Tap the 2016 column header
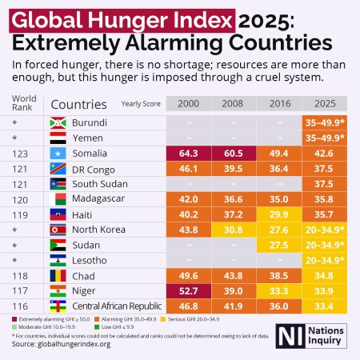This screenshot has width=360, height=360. [279, 104]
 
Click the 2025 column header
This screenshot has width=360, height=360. [326, 104]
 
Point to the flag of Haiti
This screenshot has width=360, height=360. [57, 214]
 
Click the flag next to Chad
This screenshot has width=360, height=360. [57, 275]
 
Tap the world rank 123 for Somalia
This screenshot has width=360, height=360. [22, 153]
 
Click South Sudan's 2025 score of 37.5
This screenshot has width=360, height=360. [326, 183]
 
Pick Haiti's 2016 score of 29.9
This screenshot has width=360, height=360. [279, 214]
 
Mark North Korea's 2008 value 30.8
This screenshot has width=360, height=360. [234, 230]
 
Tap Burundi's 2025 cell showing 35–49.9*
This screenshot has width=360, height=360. [326, 122]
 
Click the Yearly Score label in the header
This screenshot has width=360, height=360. [140, 104]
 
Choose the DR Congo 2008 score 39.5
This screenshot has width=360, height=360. [234, 168]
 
